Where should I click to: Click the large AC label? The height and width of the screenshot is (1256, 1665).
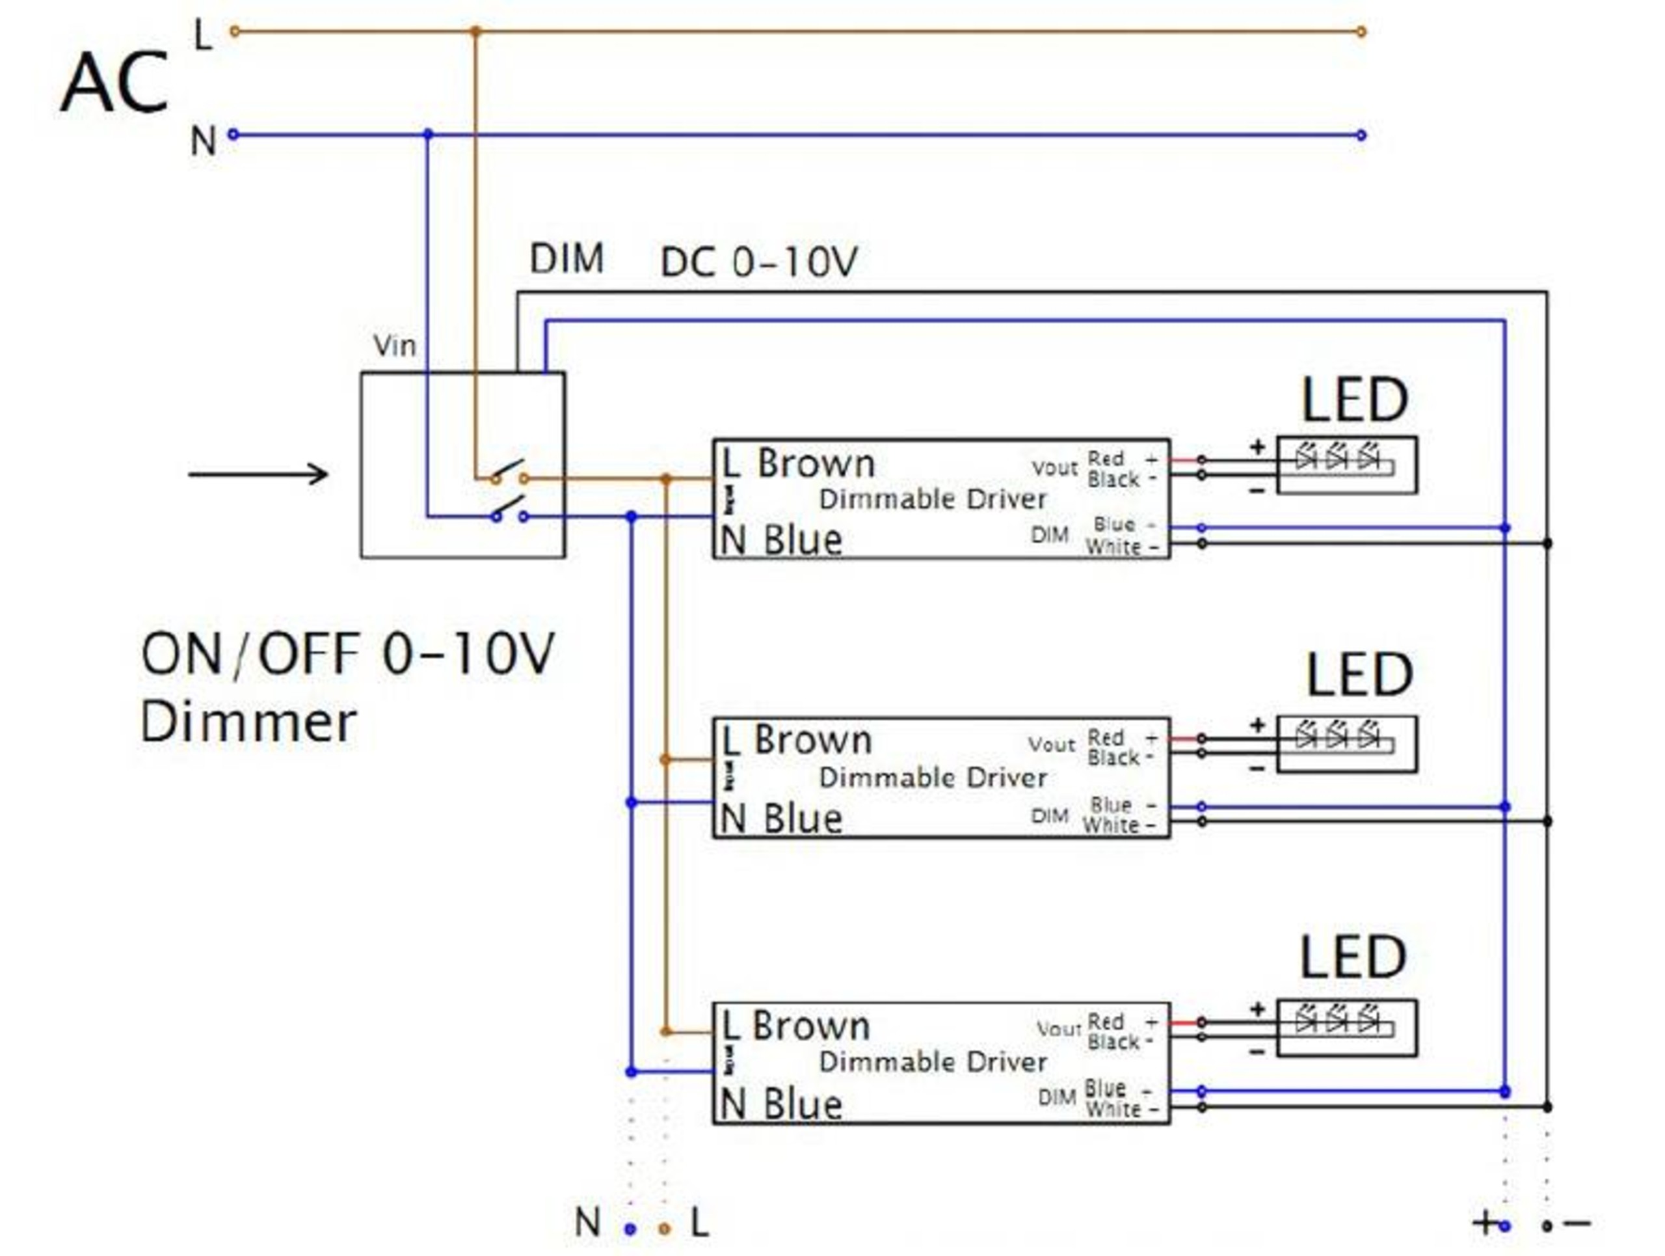click(114, 83)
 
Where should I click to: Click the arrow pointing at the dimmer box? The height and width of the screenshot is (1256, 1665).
click(258, 474)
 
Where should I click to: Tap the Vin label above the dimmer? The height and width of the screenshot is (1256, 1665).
click(394, 346)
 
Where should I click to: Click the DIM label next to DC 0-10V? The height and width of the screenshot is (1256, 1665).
click(566, 259)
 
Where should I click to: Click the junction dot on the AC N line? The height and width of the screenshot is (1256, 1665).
click(429, 135)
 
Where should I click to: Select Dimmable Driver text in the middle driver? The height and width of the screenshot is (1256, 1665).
click(933, 777)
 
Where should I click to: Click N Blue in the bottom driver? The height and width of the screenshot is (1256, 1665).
click(780, 1104)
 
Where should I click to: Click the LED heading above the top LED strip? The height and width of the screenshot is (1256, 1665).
click(1354, 401)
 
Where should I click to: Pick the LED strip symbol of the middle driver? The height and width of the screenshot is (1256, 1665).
click(1346, 744)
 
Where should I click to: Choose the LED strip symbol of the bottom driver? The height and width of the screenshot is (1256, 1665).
click(1346, 1028)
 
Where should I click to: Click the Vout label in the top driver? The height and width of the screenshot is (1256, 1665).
click(1054, 468)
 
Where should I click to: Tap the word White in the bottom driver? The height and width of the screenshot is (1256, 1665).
click(1113, 1109)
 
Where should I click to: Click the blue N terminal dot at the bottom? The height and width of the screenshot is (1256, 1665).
click(631, 1229)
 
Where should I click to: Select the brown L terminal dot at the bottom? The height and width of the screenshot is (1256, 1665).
click(664, 1229)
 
